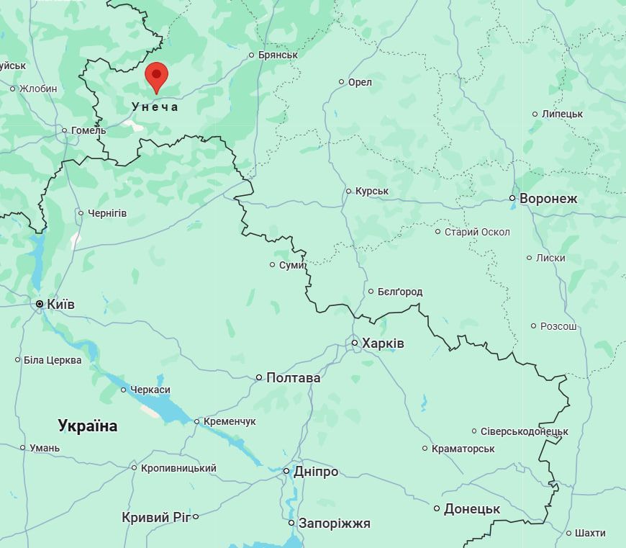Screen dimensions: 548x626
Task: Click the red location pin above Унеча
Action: pyautogui.click(x=156, y=76)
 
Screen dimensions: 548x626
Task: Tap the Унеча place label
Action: pyautogui.click(x=155, y=107)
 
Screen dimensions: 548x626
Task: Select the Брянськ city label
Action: pyautogui.click(x=278, y=55)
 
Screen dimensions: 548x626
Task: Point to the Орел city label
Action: pyautogui.click(x=360, y=82)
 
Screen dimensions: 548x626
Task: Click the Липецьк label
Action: pyautogui.click(x=562, y=114)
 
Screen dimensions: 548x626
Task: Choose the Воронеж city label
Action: pyautogui.click(x=548, y=198)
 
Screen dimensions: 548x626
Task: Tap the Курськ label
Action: pyautogui.click(x=372, y=191)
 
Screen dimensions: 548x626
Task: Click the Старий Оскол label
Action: pyautogui.click(x=477, y=232)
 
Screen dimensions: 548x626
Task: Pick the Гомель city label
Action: pyautogui.click(x=89, y=130)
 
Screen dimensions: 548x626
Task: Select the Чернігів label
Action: pyautogui.click(x=107, y=213)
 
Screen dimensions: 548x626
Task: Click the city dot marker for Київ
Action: pyautogui.click(x=40, y=305)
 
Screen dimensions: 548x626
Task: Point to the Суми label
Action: pyautogui.click(x=291, y=265)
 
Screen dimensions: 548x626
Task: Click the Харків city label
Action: pyautogui.click(x=383, y=343)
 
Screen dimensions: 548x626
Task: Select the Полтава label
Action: pyautogui.click(x=293, y=377)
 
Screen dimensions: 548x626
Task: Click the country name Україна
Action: pyautogui.click(x=88, y=426)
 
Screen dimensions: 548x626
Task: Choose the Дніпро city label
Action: pyautogui.click(x=315, y=472)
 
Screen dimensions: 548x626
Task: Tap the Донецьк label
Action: pyautogui.click(x=471, y=508)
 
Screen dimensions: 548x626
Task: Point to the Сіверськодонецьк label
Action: pyautogui.click(x=524, y=431)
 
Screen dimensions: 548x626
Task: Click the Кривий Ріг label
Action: pyautogui.click(x=155, y=517)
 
